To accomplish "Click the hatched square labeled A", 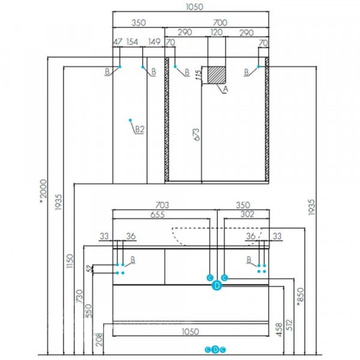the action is tap(216, 75).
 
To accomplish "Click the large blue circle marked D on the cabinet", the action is tap(217, 286).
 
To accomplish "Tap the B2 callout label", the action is tap(139, 129).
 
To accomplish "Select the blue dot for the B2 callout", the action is tap(130, 120).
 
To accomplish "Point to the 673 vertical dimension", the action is tap(197, 134).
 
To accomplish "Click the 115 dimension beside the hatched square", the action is tap(198, 75).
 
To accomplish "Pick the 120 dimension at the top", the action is tap(216, 32).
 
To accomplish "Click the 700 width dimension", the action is tap(220, 22).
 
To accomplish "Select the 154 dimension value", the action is tap(132, 42).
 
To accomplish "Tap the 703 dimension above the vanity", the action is tap(162, 205).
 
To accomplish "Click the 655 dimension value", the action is tap(157, 215).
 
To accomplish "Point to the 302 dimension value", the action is tap(247, 214).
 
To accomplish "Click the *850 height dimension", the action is tap(300, 297).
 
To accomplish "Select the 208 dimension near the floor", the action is tap(99, 339).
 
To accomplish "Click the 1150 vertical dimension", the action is tap(70, 261).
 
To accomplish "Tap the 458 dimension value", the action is tap(279, 330).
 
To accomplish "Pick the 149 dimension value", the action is tap(154, 42).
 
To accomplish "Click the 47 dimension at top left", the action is tap(118, 42).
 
